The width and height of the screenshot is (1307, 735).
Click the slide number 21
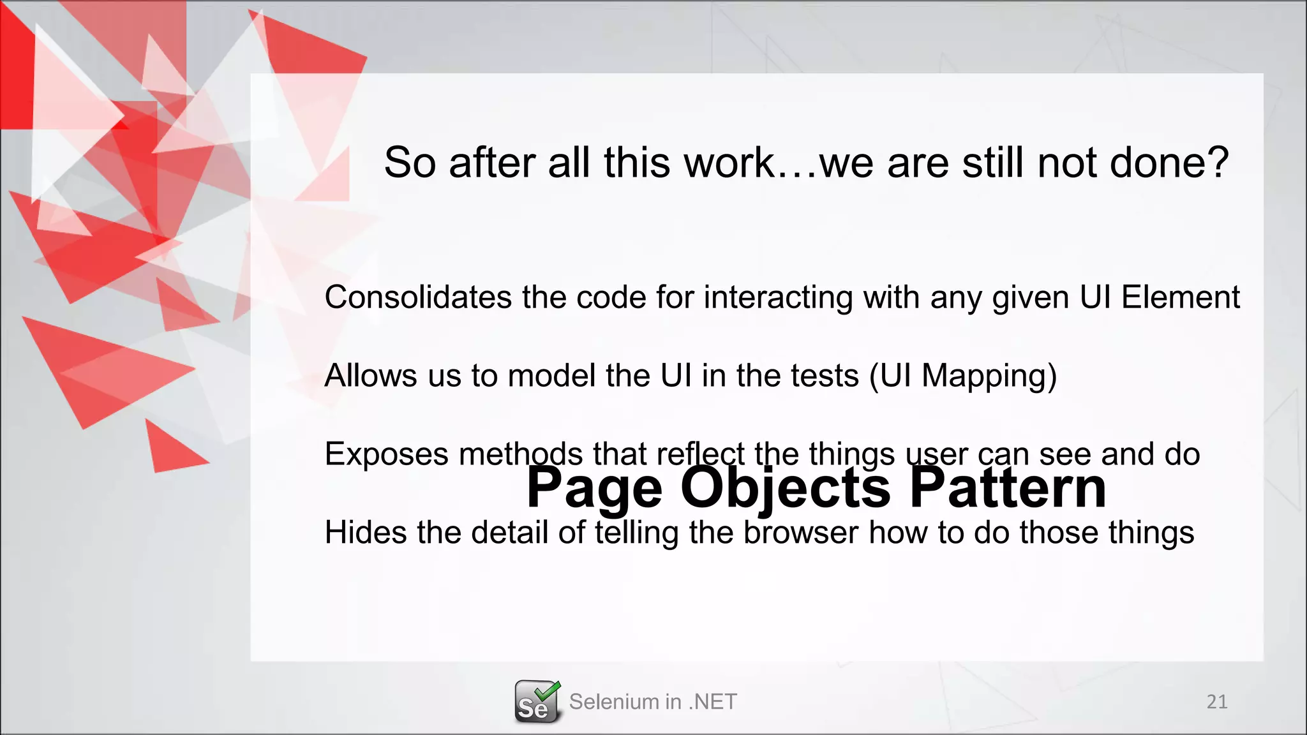[x=1216, y=702]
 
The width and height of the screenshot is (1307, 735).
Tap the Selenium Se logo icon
[x=537, y=702]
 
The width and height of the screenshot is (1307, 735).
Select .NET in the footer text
[x=712, y=702]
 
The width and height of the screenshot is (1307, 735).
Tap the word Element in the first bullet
[x=1180, y=297]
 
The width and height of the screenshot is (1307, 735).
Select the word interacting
[x=778, y=297]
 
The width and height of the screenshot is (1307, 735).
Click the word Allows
[x=371, y=376]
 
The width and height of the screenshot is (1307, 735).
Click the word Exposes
[x=387, y=454]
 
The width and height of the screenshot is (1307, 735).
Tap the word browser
[x=800, y=533]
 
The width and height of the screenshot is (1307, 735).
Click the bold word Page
[x=594, y=488]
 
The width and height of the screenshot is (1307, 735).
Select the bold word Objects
[x=785, y=488]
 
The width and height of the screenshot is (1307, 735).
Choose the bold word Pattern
[x=1008, y=488]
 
